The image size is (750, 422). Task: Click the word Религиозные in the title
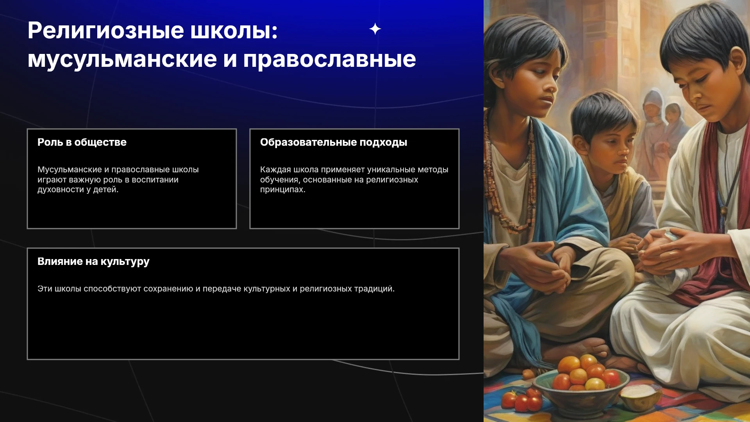[106, 31]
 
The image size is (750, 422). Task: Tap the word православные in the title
[330, 59]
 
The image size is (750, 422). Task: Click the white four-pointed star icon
[375, 29]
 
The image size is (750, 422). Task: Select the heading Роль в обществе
[82, 142]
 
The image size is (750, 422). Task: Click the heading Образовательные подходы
[334, 142]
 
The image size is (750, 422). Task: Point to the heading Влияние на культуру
[93, 261]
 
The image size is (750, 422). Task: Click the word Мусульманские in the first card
[70, 170]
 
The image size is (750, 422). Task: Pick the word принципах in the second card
[283, 190]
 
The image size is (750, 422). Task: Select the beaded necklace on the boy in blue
[510, 172]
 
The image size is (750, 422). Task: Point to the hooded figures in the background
[660, 117]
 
